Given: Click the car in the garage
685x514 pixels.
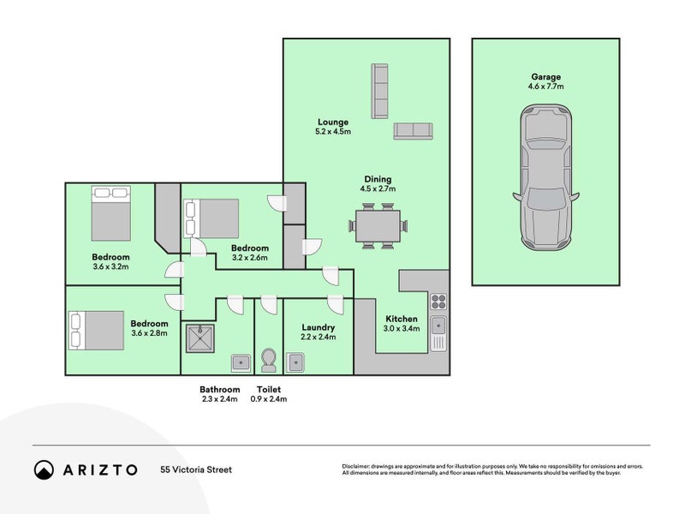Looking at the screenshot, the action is (x=545, y=177).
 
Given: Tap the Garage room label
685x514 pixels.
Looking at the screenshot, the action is (x=545, y=77).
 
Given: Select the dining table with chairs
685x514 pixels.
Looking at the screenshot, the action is (x=378, y=226).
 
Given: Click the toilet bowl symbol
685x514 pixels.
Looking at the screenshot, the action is (x=268, y=360).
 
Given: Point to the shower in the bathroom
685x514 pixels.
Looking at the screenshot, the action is (x=200, y=338).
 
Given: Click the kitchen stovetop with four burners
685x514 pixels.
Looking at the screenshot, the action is (x=438, y=302).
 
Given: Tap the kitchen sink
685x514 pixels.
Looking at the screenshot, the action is (x=438, y=333).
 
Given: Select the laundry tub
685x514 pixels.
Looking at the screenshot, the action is (x=295, y=362).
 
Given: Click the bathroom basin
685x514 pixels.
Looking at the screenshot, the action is (x=241, y=362).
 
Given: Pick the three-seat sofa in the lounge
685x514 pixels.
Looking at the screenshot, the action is (x=379, y=91).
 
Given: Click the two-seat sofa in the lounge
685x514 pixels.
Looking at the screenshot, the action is (x=413, y=131).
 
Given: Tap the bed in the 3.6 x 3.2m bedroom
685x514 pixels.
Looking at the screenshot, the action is (x=111, y=212).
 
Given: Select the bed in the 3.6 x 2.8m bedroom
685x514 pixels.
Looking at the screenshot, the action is (x=96, y=331).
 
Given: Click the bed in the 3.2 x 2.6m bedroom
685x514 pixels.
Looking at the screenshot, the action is (x=211, y=218).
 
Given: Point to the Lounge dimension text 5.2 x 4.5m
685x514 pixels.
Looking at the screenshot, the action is (x=333, y=132).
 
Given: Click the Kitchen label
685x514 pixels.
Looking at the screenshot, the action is (x=402, y=319).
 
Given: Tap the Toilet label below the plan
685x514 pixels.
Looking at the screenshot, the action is (x=269, y=390).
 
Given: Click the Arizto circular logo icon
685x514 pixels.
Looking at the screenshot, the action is (x=45, y=469).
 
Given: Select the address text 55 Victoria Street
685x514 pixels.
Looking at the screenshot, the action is (x=196, y=469).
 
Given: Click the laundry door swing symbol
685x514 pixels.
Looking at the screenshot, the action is (x=336, y=304).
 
